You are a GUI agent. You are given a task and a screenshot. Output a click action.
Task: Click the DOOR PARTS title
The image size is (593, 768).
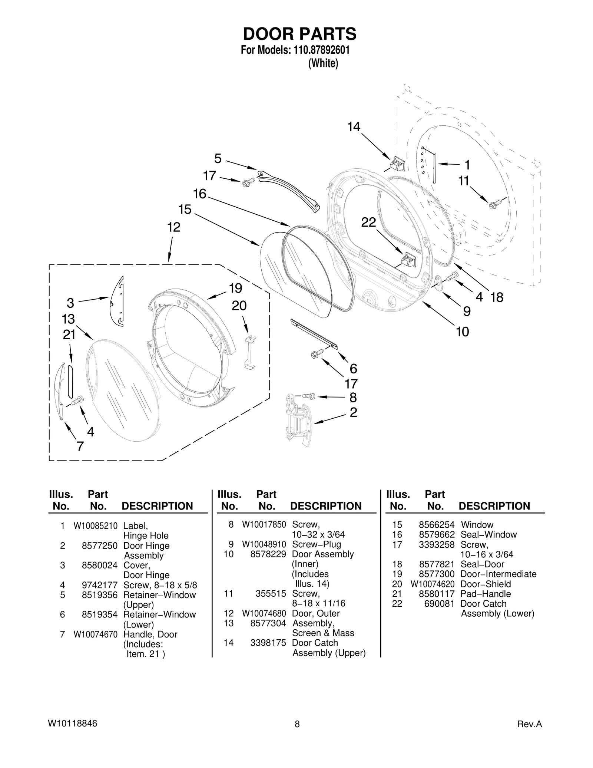(x=299, y=34)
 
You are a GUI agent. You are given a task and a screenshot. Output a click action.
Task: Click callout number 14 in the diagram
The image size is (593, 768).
(x=354, y=127)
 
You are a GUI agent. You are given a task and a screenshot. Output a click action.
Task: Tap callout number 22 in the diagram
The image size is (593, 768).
(x=368, y=223)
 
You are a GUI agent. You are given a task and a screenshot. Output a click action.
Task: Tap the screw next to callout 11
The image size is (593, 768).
(x=495, y=204)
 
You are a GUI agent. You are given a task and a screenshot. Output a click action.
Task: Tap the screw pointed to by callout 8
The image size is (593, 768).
(x=308, y=396)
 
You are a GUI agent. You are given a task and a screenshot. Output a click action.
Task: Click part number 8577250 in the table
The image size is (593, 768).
(x=99, y=545)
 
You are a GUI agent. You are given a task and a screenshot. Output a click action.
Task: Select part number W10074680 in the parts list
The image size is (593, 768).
(x=264, y=613)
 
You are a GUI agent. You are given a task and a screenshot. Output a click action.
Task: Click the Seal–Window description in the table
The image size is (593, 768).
(x=488, y=534)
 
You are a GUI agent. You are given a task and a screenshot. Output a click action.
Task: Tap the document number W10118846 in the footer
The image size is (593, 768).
(x=73, y=723)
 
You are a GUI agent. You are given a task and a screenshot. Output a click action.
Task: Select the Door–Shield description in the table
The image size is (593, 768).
(x=485, y=584)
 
